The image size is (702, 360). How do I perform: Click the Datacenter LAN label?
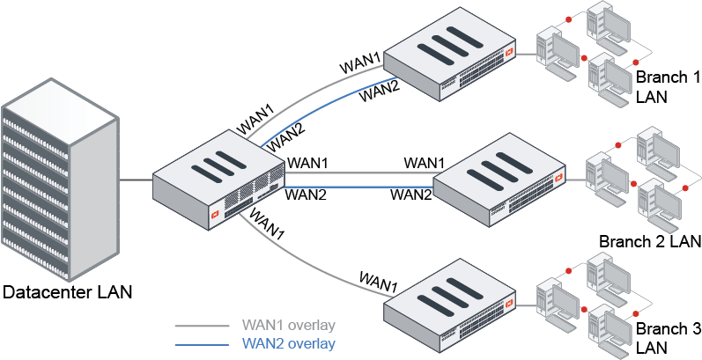[x=68, y=291]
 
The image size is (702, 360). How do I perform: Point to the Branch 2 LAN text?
[x=649, y=241]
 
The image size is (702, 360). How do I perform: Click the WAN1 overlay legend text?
[x=288, y=325]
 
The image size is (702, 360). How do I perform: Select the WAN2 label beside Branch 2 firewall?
[x=410, y=195]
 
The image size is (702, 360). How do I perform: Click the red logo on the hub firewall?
[x=212, y=213]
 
